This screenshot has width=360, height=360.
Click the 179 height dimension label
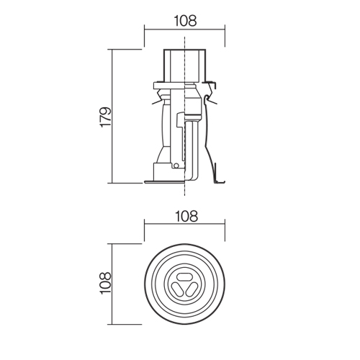tap(106, 117)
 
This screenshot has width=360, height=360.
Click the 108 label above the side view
tap(185, 21)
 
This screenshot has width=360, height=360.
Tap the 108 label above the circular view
tap(186, 216)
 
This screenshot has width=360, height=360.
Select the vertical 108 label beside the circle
tap(106, 282)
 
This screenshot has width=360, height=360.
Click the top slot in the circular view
tap(184, 277)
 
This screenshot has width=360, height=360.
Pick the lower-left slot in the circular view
tap(178, 289)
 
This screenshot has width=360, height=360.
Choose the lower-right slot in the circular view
tap(192, 289)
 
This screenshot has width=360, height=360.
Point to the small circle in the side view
tap(176, 166)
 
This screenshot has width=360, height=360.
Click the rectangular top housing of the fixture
tap(184, 66)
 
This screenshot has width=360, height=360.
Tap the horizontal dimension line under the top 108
tap(184, 30)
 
